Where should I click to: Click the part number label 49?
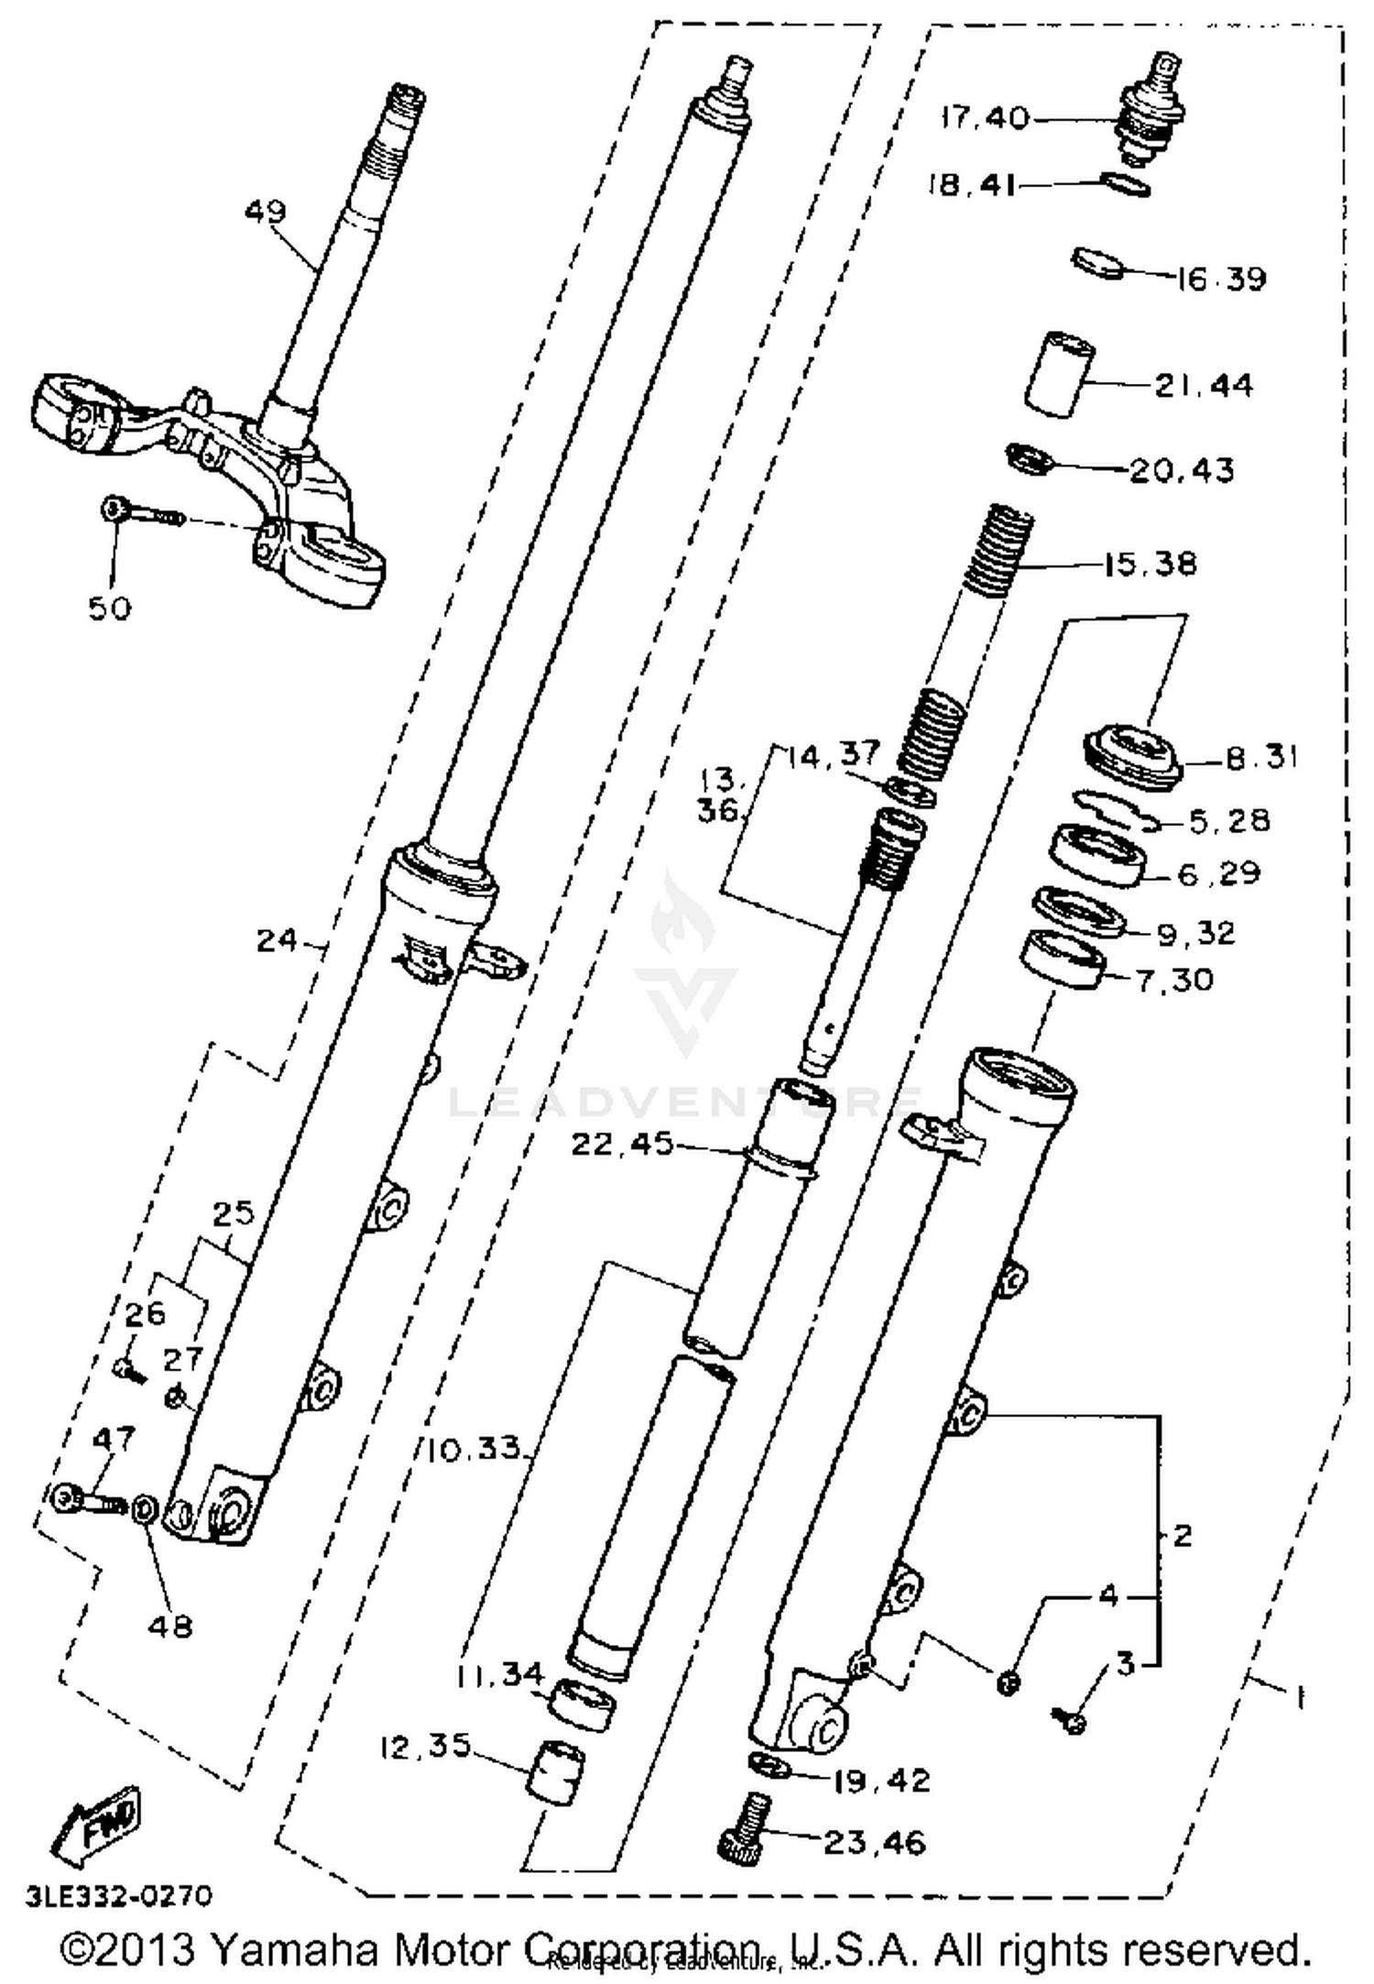266,211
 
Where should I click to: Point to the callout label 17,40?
985,118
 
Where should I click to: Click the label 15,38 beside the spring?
1150,564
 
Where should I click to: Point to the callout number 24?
277,940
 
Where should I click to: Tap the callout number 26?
145,1314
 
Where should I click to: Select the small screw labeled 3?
1070,1722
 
